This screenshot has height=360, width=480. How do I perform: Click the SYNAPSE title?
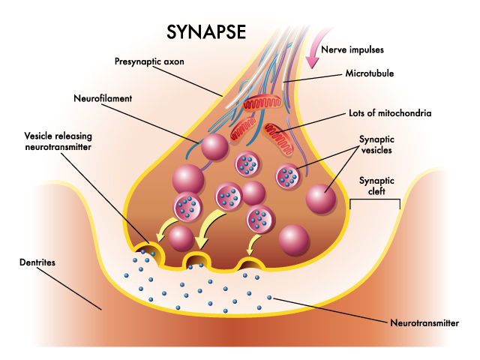pyautogui.click(x=206, y=31)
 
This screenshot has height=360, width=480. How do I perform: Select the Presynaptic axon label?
pyautogui.click(x=149, y=61)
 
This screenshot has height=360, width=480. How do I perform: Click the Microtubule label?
pyautogui.click(x=370, y=73)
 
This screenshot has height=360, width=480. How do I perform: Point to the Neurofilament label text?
pyautogui.click(x=103, y=98)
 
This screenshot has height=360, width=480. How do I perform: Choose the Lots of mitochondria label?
pyautogui.click(x=390, y=113)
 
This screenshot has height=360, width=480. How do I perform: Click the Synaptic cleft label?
pyautogui.click(x=376, y=186)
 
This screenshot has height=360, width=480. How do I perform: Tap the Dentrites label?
pyautogui.click(x=37, y=262)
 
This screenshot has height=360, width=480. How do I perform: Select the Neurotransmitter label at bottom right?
pyautogui.click(x=424, y=323)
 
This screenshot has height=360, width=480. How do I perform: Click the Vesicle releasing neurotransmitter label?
pyautogui.click(x=58, y=141)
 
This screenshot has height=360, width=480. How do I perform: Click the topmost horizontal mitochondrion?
pyautogui.click(x=262, y=103)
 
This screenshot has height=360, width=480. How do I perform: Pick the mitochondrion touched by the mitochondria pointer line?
pyautogui.click(x=278, y=139)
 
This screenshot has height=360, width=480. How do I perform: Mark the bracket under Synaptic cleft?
pyautogui.click(x=375, y=199)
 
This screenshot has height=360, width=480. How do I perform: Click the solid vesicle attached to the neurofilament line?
pyautogui.click(x=214, y=147)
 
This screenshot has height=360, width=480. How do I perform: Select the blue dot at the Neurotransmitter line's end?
pyautogui.click(x=269, y=297)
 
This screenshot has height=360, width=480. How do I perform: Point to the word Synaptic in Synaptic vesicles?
pyautogui.click(x=376, y=139)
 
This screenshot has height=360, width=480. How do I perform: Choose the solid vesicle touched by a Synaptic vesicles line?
pyautogui.click(x=321, y=199)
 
